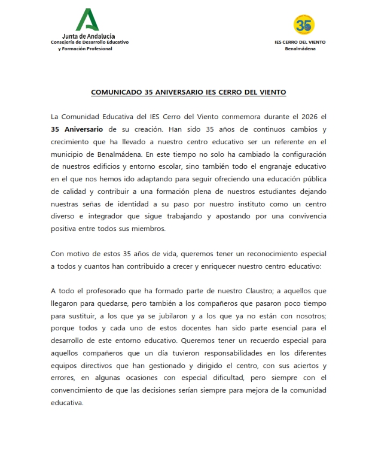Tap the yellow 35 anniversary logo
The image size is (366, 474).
pos(304,25)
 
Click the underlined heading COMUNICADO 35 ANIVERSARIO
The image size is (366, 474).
pos(188,93)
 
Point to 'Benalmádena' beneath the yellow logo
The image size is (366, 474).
pos(300,48)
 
